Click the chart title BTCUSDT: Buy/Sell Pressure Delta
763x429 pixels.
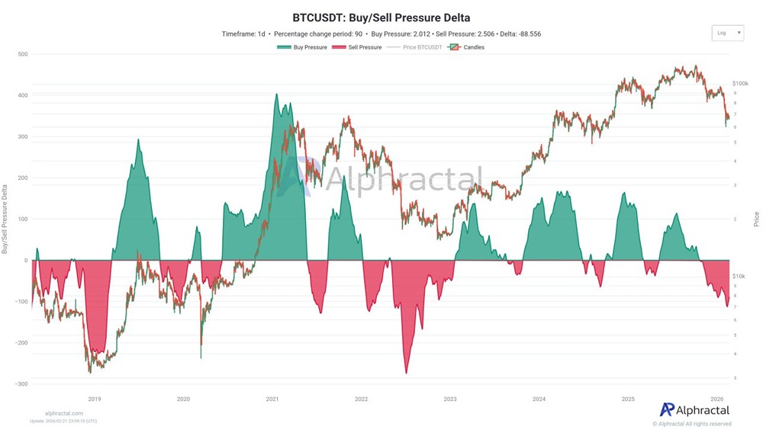(x=381, y=17)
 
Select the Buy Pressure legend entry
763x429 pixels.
(x=303, y=47)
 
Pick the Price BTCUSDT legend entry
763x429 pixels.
(x=415, y=47)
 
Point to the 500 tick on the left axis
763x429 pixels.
(x=23, y=54)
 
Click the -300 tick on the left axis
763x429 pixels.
(x=21, y=384)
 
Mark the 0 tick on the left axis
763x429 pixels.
(x=26, y=261)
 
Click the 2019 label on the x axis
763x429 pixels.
(x=95, y=399)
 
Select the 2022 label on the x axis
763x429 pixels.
(x=361, y=399)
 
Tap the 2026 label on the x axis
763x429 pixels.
(x=716, y=399)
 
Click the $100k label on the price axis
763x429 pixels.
(x=739, y=83)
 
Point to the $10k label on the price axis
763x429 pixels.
(x=739, y=276)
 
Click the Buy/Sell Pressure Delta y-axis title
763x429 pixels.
(x=6, y=219)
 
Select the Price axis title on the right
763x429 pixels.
(x=756, y=219)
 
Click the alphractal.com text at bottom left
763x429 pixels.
(x=64, y=413)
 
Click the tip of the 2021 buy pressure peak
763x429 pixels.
(x=276, y=94)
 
